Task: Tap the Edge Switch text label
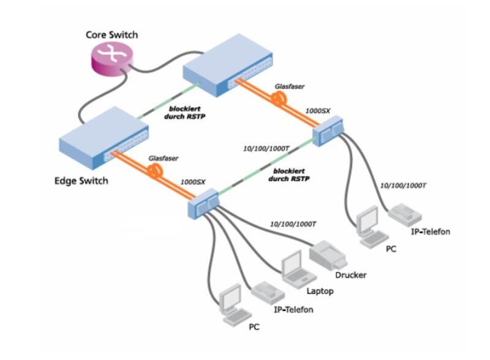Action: [80, 181]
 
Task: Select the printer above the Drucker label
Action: [331, 253]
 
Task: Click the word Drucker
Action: [350, 275]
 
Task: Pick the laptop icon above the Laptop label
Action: [293, 268]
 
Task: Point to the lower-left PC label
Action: [254, 328]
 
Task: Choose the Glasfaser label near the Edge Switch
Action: [163, 158]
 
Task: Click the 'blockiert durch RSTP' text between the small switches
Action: [291, 176]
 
